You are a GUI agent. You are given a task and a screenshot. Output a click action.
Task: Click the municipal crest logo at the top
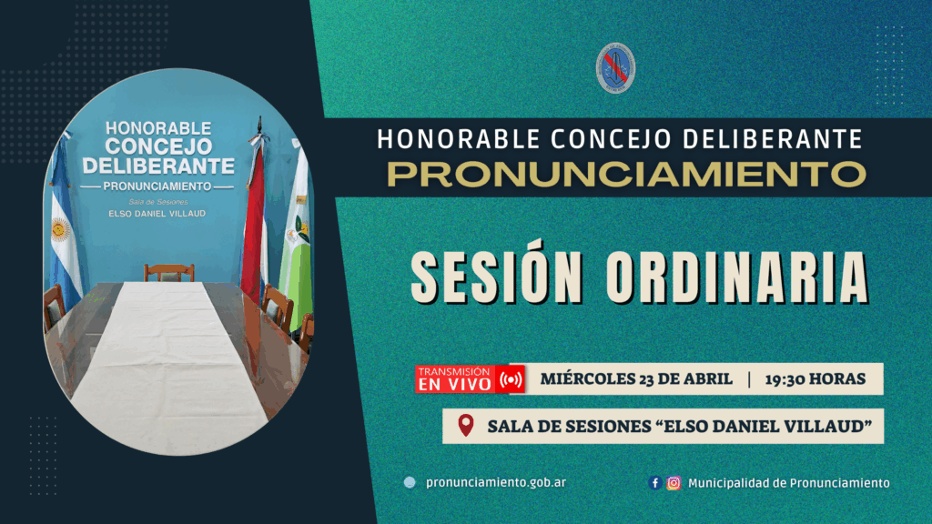click(615, 67)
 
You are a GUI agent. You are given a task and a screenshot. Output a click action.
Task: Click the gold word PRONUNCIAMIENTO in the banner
click(626, 174)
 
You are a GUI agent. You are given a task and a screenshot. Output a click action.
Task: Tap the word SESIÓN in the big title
click(497, 278)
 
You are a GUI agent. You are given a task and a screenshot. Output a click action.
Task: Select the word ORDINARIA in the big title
click(737, 278)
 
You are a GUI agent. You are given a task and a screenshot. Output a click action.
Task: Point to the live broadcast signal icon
click(512, 379)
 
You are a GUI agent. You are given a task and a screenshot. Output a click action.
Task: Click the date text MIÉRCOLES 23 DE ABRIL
click(636, 379)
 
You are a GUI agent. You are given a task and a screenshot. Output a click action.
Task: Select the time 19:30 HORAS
click(815, 379)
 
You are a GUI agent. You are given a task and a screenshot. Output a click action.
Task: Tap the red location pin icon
click(466, 426)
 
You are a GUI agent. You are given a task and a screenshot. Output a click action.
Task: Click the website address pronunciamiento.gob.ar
click(496, 482)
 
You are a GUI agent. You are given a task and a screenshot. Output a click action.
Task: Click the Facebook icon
click(655, 483)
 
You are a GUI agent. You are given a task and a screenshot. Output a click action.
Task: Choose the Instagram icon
click(674, 483)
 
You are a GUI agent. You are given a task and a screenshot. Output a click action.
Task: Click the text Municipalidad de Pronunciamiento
click(789, 483)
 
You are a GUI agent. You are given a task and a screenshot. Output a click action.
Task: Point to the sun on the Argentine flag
click(60, 229)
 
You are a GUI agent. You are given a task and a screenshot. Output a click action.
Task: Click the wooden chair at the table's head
click(169, 273)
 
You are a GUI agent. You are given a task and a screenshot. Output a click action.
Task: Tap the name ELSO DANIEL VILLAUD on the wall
click(157, 213)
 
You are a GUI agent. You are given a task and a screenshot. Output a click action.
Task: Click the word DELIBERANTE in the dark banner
click(772, 139)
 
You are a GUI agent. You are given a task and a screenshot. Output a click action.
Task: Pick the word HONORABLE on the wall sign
click(158, 127)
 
